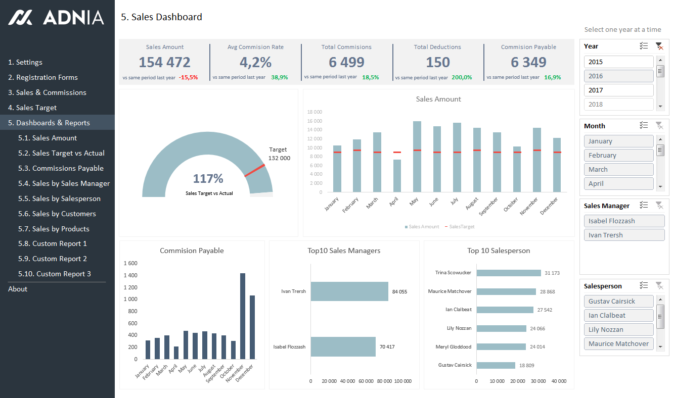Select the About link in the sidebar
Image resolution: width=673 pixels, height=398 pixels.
click(x=18, y=289)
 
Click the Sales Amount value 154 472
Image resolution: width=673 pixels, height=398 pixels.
click(x=164, y=62)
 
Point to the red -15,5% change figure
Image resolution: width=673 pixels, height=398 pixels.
click(x=188, y=78)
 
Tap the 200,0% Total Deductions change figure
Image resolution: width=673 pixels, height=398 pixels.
click(x=462, y=78)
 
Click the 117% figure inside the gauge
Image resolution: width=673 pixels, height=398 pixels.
click(x=208, y=178)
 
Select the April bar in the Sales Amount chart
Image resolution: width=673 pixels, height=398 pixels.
click(x=397, y=176)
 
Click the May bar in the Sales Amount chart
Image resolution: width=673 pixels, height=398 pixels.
click(x=417, y=157)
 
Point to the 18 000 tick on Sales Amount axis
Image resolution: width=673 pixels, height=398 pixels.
click(x=315, y=112)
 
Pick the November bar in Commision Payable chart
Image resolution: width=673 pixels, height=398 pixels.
click(x=243, y=316)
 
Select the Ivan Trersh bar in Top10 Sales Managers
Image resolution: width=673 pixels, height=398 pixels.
click(x=349, y=291)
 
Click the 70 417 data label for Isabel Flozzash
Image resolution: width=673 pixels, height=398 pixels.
click(x=386, y=347)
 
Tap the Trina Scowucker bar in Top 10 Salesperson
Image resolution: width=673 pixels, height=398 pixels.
click(x=509, y=273)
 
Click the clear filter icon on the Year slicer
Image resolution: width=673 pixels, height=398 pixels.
click(x=659, y=46)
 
